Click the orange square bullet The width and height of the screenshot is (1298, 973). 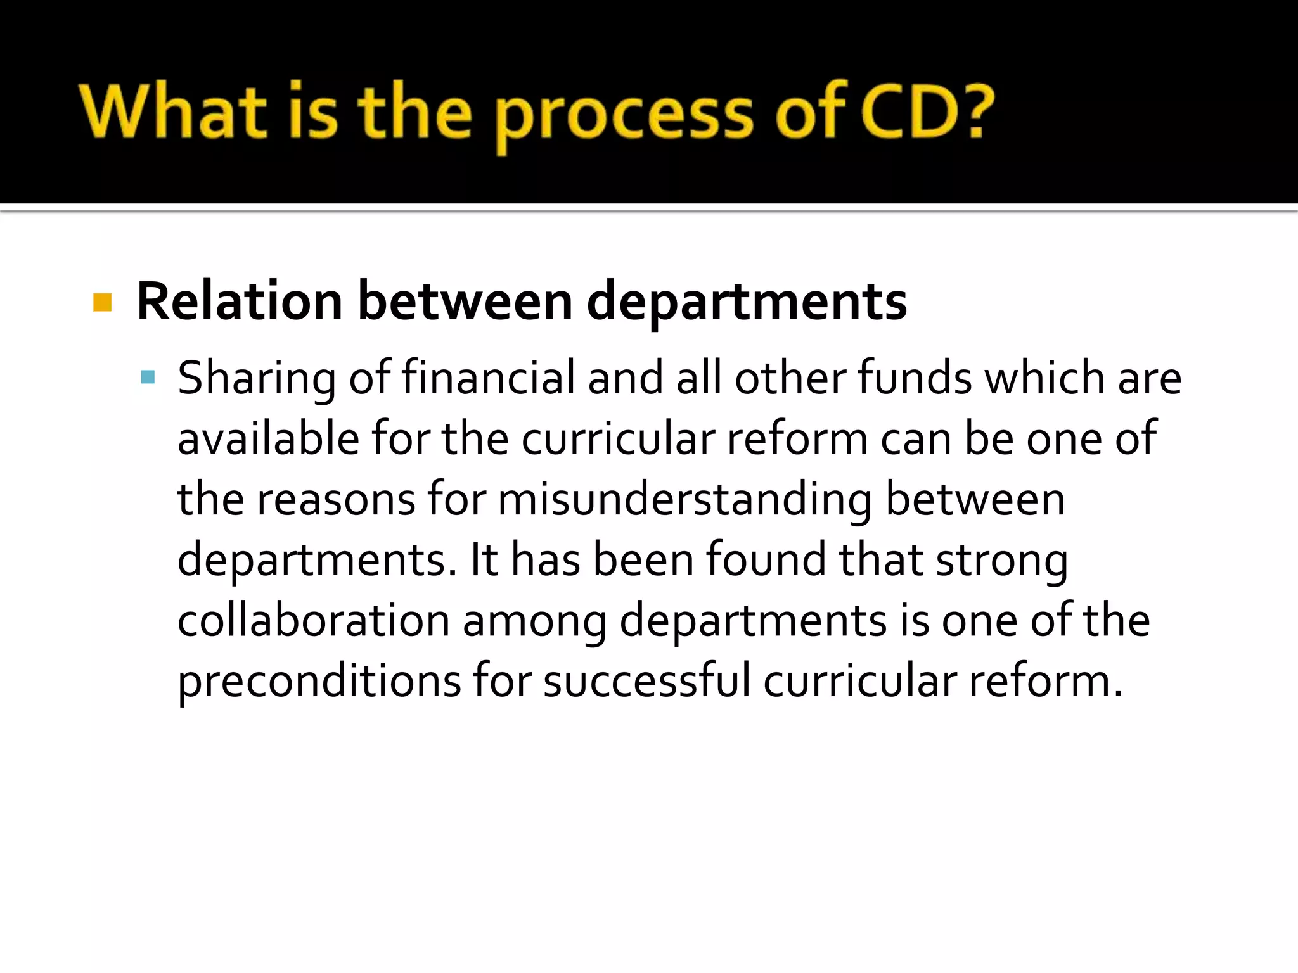click(x=102, y=302)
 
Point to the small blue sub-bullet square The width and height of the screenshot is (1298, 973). click(x=148, y=378)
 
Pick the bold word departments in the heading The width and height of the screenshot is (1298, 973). click(x=747, y=302)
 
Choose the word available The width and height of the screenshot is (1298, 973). click(x=268, y=438)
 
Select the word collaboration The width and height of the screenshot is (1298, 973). click(x=314, y=621)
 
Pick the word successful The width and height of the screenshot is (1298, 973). click(x=647, y=682)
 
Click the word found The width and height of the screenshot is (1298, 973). click(x=766, y=560)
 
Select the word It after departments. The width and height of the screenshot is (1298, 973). click(x=484, y=560)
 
